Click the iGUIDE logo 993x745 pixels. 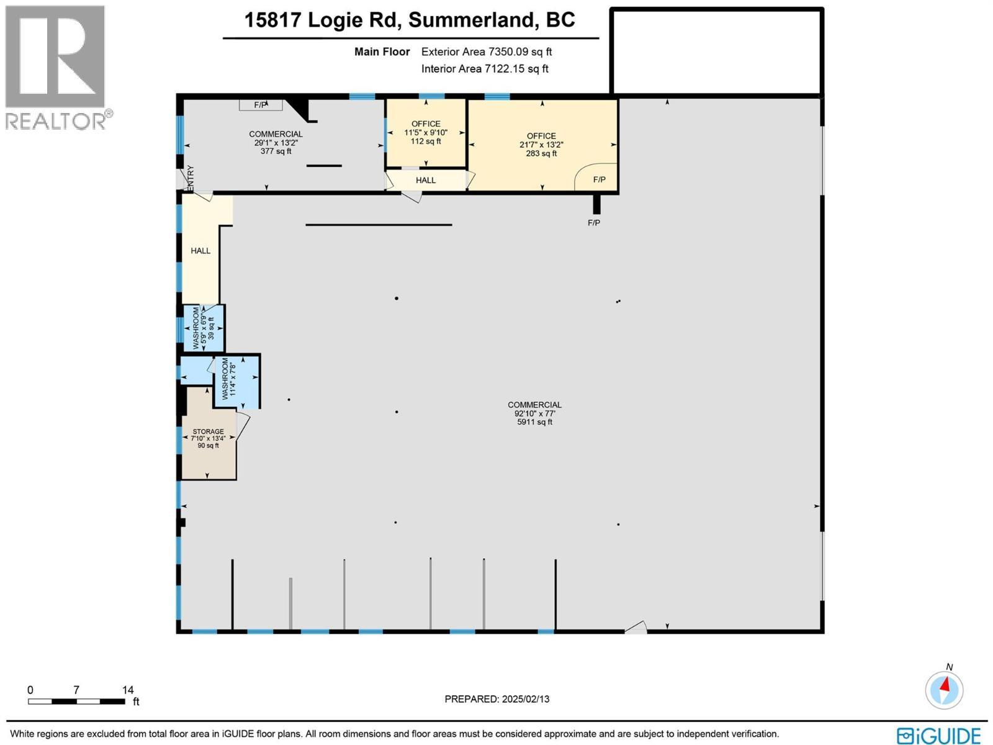pos(939,736)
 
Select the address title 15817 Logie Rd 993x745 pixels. pos(410,20)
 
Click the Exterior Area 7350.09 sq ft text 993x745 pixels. pos(486,52)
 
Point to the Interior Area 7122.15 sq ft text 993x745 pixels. pos(485,69)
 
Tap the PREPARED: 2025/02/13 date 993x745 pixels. pos(496,699)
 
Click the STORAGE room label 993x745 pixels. pos(208,431)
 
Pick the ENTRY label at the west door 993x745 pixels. pos(191,179)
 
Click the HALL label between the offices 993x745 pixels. pos(426,180)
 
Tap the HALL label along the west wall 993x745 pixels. pos(200,251)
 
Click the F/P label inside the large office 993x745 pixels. pos(599,180)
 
